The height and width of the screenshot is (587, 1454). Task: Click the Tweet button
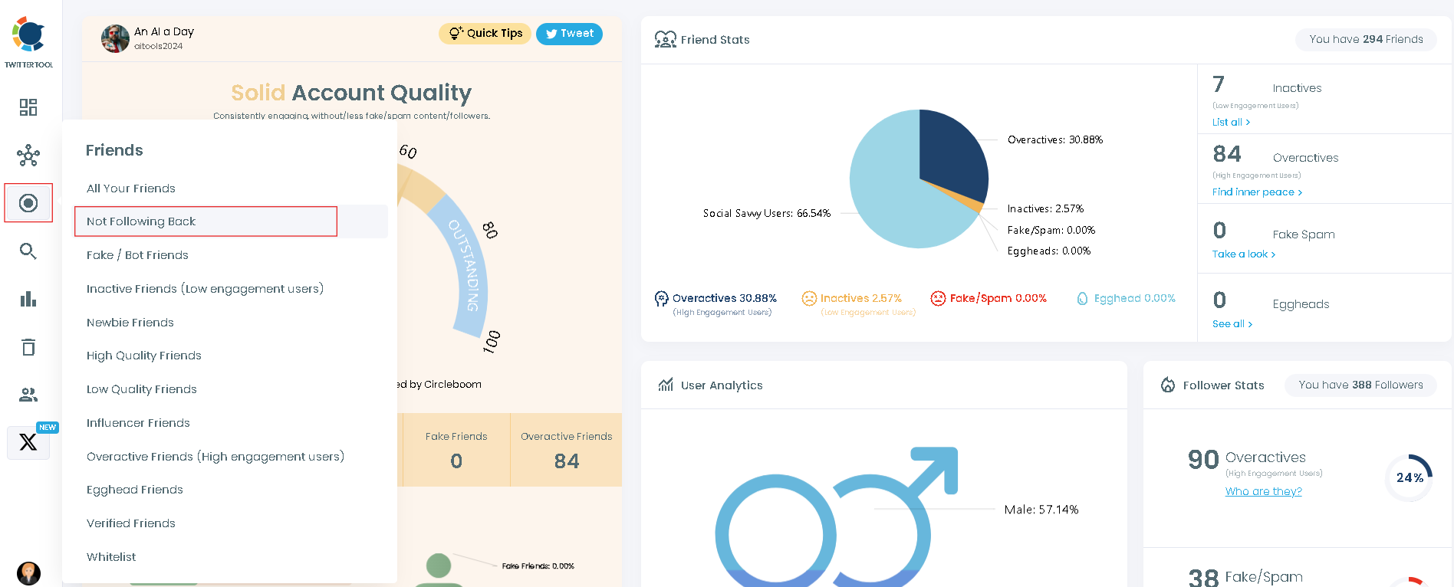[569, 34]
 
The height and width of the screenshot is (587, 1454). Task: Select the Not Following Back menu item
[141, 221]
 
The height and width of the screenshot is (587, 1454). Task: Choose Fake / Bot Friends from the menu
[137, 255]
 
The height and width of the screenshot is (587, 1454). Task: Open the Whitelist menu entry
[111, 557]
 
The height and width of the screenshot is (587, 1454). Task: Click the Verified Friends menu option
[131, 523]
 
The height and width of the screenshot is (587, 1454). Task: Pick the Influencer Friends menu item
[138, 423]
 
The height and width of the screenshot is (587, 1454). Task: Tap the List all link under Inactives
[1231, 123]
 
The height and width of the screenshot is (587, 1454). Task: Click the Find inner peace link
[1257, 192]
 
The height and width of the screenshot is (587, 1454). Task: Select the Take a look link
[1243, 254]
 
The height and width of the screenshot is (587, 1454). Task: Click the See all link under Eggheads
[1232, 324]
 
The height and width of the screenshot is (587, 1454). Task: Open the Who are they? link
[1263, 491]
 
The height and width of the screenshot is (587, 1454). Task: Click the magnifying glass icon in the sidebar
[28, 251]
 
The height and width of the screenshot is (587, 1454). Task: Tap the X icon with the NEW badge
[28, 442]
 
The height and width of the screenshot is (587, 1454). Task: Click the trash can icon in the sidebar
[28, 347]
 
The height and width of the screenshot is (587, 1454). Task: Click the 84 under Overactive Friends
[566, 461]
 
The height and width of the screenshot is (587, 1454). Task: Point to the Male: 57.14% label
[1041, 510]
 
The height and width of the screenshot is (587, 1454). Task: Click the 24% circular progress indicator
[1409, 478]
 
